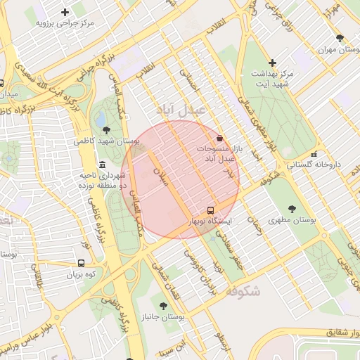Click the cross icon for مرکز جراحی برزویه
pos(65,12)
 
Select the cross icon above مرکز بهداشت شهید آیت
pos(272,63)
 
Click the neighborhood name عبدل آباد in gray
pos(180,110)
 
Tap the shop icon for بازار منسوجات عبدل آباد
pos(221,139)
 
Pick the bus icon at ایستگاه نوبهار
pos(210,210)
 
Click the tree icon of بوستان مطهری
pos(292,209)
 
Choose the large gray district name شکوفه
pos(244,290)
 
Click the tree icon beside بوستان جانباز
pos(164,306)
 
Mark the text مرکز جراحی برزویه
pos(65,23)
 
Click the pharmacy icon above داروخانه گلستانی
pos(314,153)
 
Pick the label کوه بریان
pos(81,275)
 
